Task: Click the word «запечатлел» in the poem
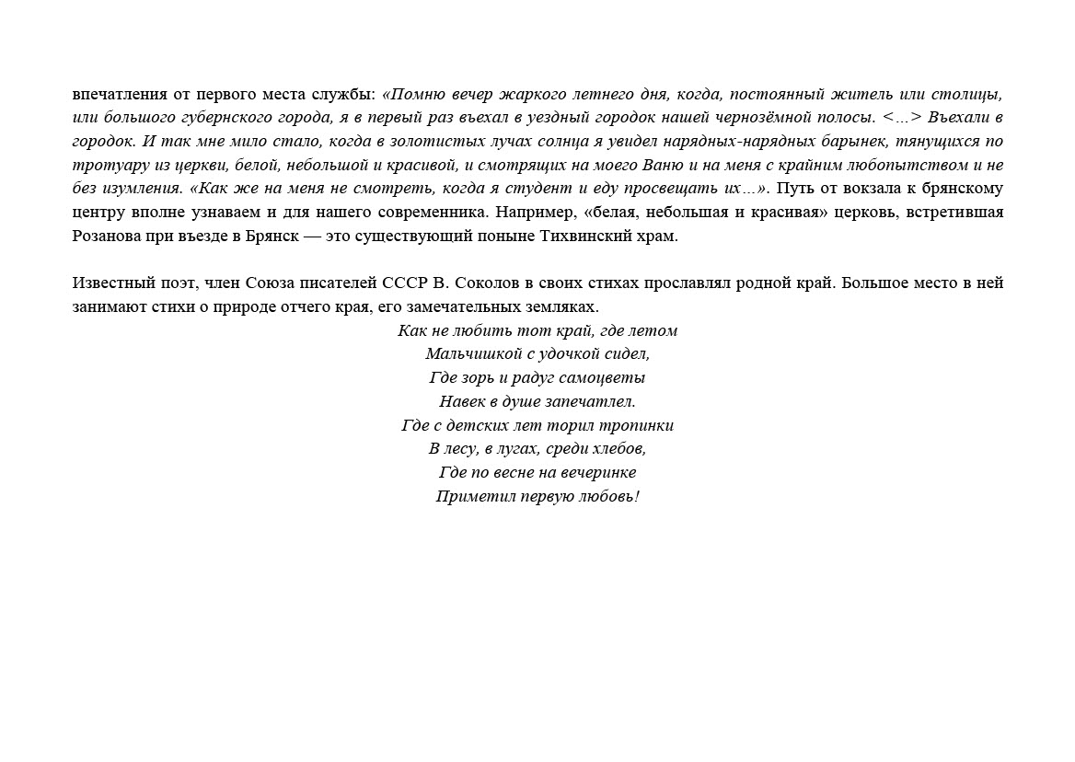click(593, 401)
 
